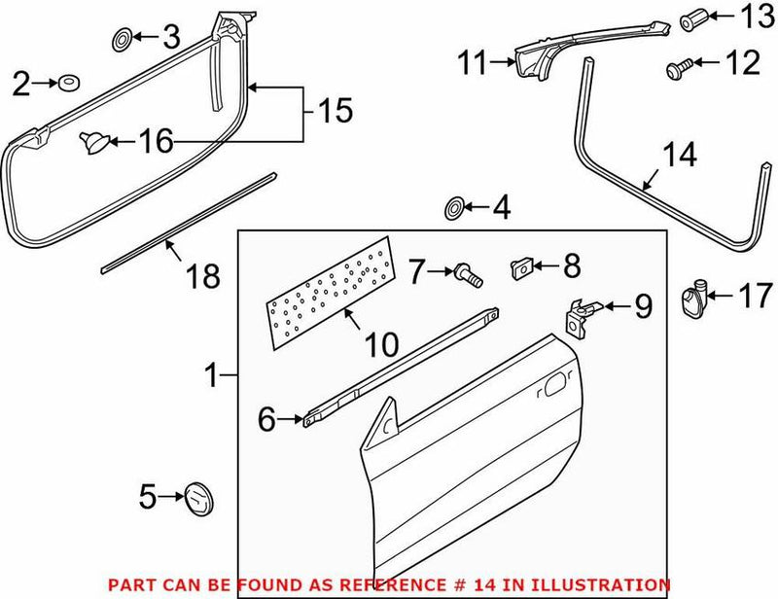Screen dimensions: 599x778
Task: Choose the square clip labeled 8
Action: coord(520,265)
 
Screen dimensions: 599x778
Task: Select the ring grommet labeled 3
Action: coord(122,40)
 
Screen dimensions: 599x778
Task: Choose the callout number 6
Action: coord(266,420)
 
